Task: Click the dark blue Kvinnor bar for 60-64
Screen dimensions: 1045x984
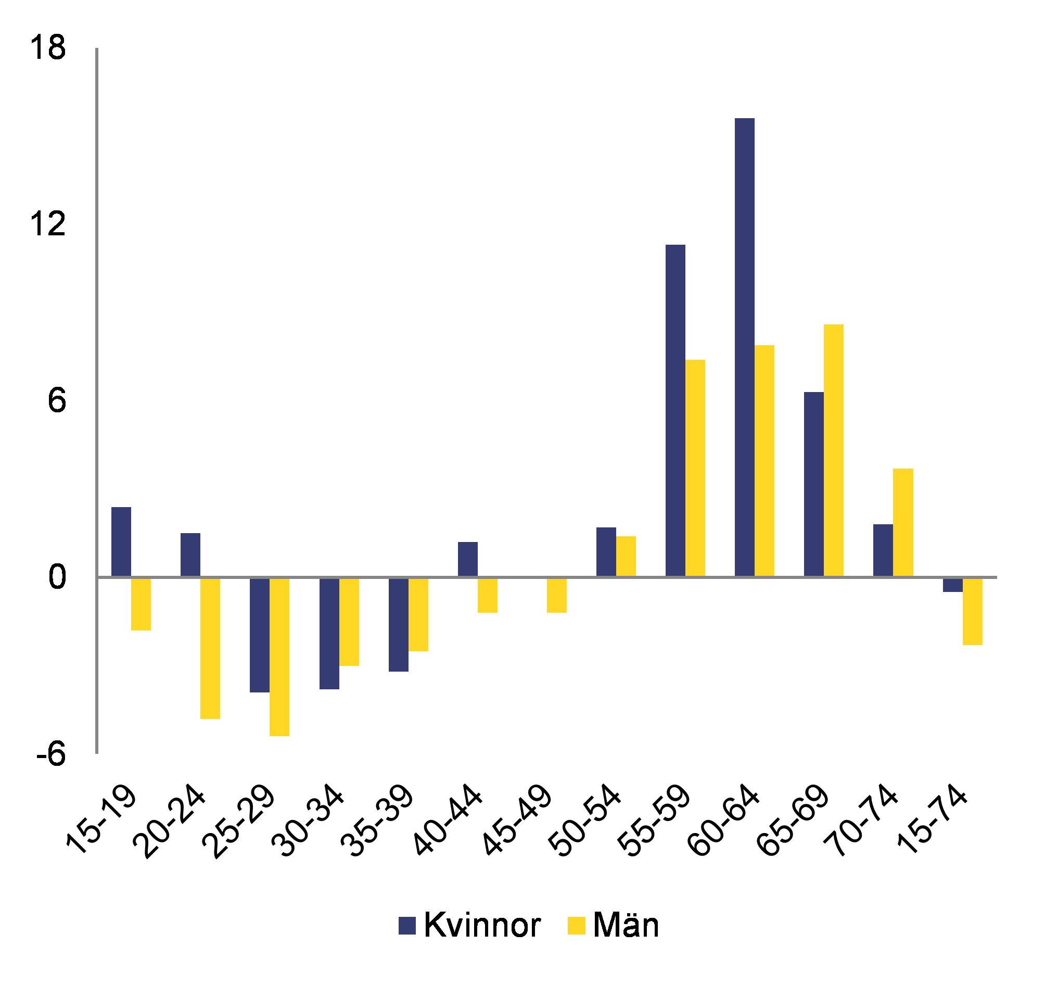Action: (x=744, y=348)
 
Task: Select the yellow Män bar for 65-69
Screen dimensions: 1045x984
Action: (x=834, y=451)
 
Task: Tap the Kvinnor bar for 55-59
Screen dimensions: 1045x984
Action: (x=676, y=411)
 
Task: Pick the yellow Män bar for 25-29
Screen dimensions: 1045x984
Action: (x=279, y=657)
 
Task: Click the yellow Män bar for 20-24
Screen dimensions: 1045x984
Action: (x=210, y=648)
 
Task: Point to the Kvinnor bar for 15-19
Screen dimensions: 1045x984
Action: (x=121, y=542)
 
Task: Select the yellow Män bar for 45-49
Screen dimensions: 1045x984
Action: (x=557, y=595)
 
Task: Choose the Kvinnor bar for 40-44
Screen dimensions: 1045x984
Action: (x=468, y=560)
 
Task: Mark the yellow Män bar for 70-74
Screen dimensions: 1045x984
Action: (x=903, y=523)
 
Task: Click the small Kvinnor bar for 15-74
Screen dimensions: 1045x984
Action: (x=952, y=585)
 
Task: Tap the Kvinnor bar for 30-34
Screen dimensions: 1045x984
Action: (x=329, y=633)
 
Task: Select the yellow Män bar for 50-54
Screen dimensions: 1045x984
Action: (x=626, y=557)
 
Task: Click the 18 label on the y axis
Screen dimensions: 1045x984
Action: (x=47, y=48)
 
